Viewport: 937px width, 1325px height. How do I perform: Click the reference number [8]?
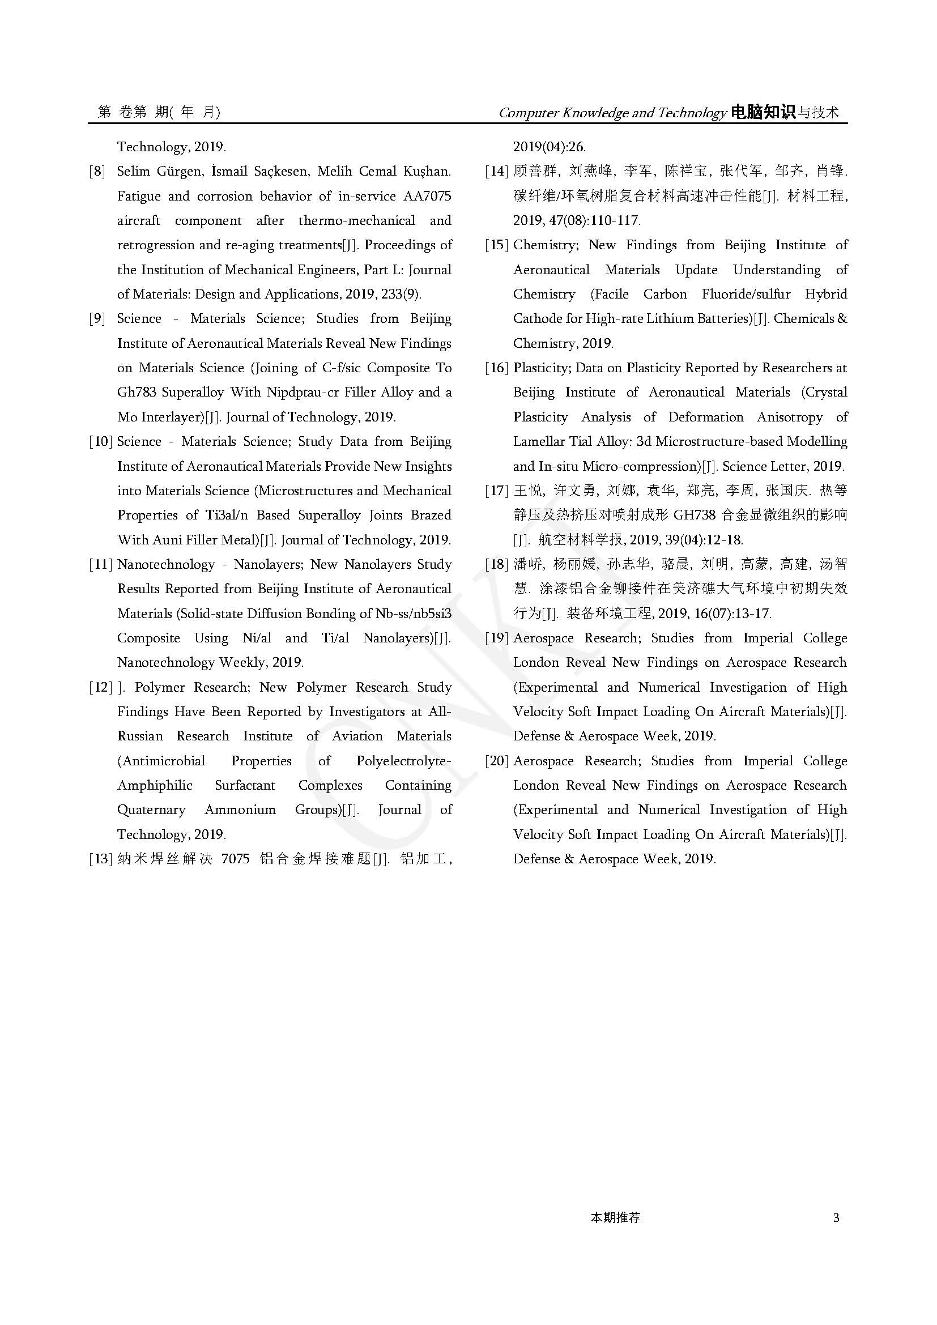click(97, 172)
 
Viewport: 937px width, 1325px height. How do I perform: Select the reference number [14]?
click(496, 172)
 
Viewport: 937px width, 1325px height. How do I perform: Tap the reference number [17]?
click(496, 491)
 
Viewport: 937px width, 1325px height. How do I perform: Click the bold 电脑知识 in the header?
click(762, 112)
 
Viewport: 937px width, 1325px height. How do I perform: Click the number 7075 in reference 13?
click(236, 859)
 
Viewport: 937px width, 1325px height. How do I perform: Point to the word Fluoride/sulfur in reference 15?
click(746, 295)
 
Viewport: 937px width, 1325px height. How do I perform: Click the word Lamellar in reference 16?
click(539, 441)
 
